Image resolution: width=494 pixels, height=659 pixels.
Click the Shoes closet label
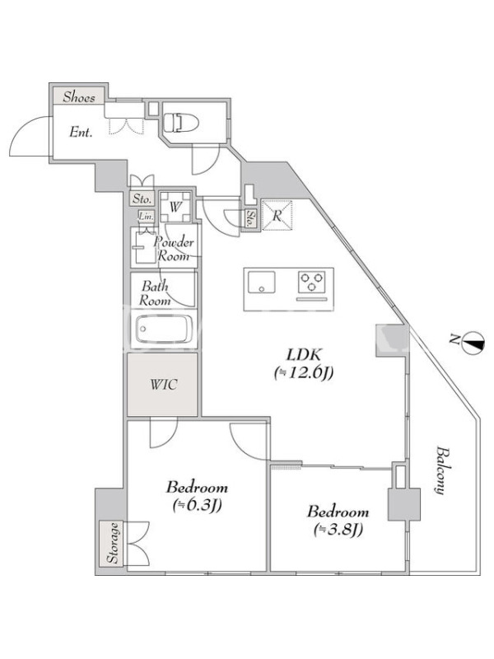[79, 97]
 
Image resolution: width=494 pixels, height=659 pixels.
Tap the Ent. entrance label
[81, 133]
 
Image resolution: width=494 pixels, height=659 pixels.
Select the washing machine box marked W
[175, 207]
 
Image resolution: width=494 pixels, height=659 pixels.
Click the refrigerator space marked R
[277, 216]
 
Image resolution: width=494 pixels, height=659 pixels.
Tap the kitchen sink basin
[261, 282]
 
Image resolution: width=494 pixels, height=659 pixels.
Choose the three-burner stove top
[312, 282]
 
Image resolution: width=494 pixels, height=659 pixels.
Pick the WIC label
[163, 385]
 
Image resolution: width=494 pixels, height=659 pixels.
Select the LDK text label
[303, 355]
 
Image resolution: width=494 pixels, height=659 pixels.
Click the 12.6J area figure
[304, 373]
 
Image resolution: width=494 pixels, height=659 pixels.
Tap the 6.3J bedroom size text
[197, 506]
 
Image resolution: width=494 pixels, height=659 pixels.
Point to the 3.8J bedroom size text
[338, 530]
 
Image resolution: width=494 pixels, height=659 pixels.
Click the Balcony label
[440, 470]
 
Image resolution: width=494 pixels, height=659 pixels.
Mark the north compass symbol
[472, 342]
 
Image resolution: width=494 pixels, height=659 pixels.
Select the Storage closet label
[113, 543]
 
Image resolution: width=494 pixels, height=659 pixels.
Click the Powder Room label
[175, 249]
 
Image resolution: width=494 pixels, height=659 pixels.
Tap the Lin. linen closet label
[147, 217]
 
